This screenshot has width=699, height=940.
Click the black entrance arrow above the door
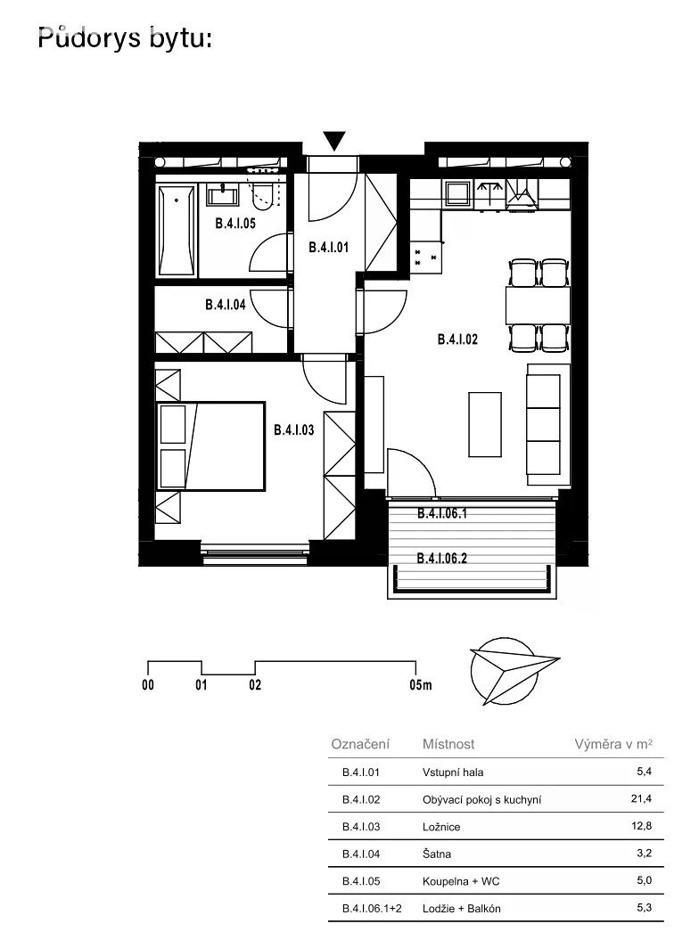tap(335, 140)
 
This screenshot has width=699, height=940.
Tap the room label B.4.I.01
tap(328, 247)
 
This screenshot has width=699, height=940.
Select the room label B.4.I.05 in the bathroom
tap(235, 224)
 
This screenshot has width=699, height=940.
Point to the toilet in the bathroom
tap(263, 193)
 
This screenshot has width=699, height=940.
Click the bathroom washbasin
tap(223, 196)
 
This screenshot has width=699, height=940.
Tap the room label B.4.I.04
tap(226, 305)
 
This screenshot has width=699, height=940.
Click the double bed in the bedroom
tap(210, 446)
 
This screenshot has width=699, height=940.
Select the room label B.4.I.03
tap(293, 429)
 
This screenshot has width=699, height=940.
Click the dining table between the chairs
tap(538, 305)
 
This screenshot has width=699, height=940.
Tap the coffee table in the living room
tap(485, 424)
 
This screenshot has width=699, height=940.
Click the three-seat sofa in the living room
tap(544, 424)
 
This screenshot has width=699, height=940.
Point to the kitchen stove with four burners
tap(425, 257)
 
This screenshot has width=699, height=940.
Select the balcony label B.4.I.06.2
tap(442, 558)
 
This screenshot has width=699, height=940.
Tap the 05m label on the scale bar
tap(421, 684)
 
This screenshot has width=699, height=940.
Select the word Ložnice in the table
tap(441, 827)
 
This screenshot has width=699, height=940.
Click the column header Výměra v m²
tap(613, 744)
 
